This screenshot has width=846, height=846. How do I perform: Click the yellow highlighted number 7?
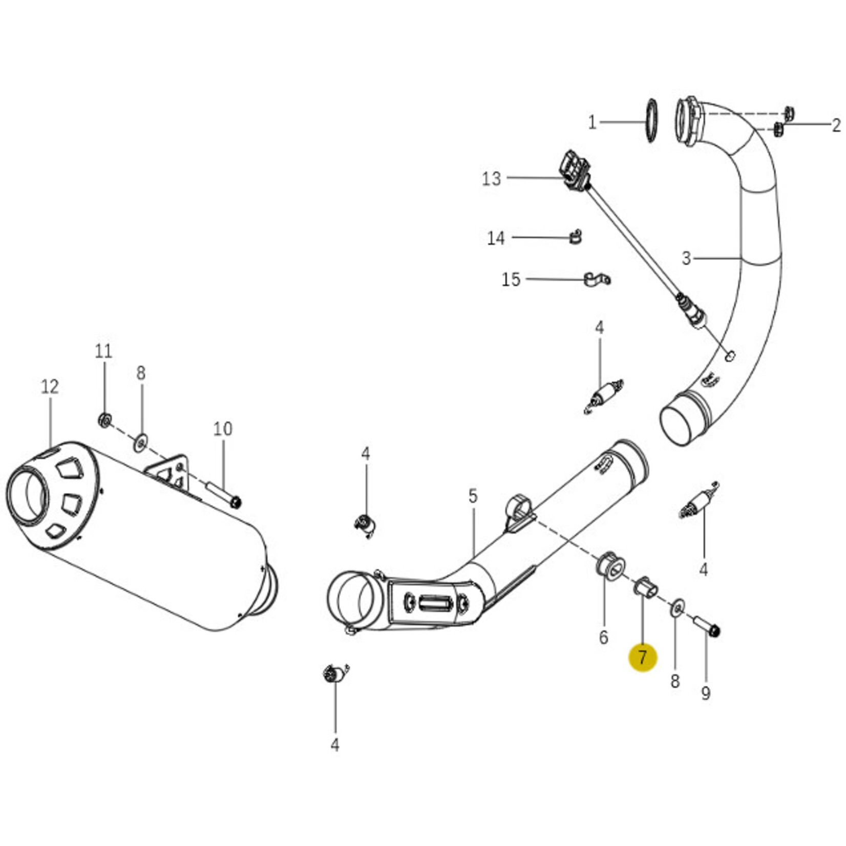pos(643,657)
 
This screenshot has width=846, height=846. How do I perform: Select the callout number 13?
pos(491,179)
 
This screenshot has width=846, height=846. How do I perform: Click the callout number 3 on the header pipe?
pos(686,258)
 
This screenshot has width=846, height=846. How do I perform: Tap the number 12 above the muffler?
pos(50,387)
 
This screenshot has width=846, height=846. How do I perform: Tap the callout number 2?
pos(836,124)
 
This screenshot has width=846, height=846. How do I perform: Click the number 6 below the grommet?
pos(604,638)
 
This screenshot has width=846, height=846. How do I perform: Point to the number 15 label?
pos(511,280)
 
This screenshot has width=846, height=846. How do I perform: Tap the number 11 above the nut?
pos(103,351)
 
